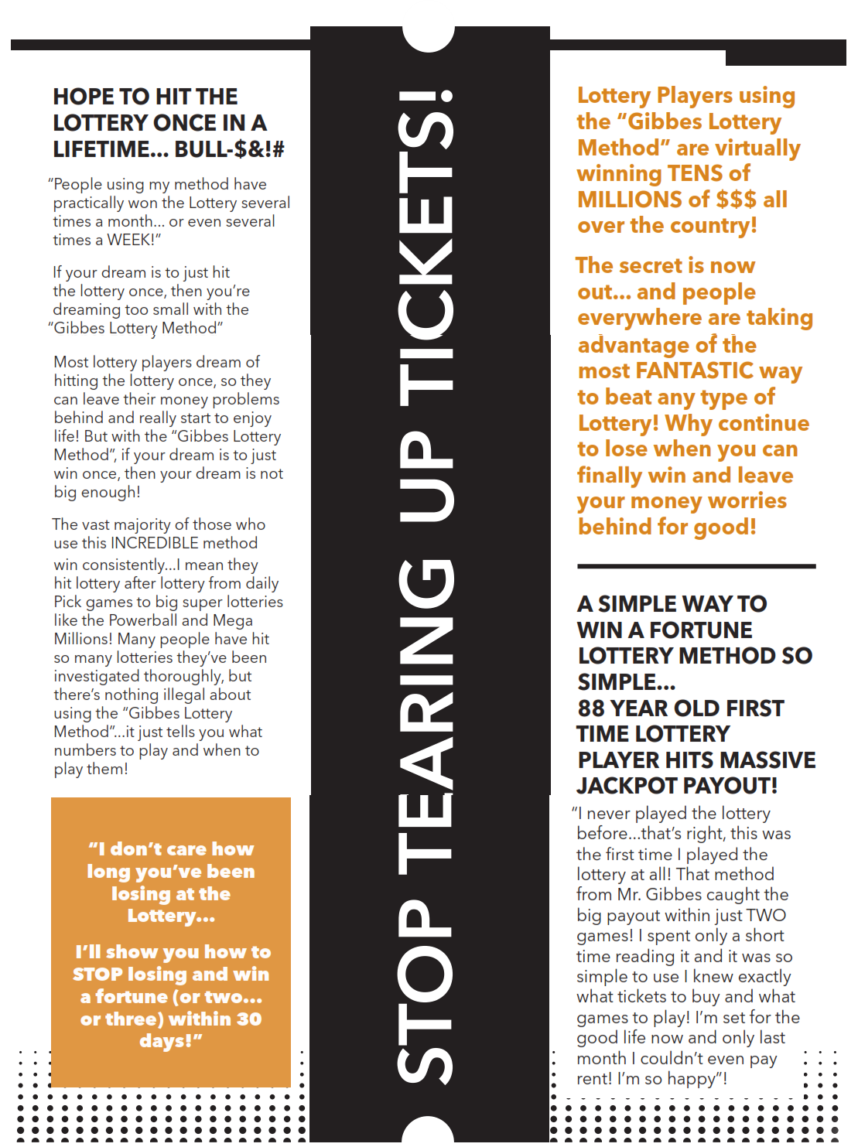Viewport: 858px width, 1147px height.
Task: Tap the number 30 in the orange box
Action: tap(249, 1019)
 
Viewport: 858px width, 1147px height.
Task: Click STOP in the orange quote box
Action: tap(97, 975)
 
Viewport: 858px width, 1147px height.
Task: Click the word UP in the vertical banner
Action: tap(426, 476)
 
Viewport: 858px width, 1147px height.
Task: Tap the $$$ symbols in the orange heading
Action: tap(736, 200)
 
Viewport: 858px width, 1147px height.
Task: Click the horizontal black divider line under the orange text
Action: tap(696, 566)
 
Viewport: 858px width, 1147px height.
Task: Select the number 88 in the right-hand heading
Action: tap(591, 708)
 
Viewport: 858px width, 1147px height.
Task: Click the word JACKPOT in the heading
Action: tap(627, 786)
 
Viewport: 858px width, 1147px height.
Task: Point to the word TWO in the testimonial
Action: tap(766, 916)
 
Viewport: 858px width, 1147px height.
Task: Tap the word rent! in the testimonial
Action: tap(593, 1079)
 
